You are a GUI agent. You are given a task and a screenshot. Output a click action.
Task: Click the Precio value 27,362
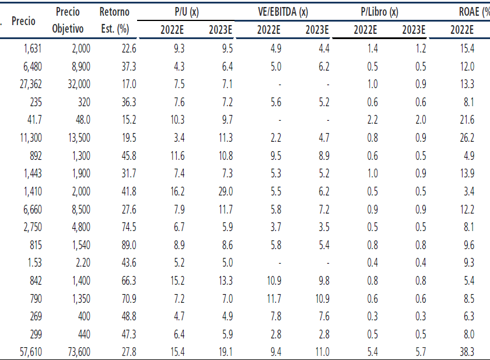pyautogui.click(x=30, y=84)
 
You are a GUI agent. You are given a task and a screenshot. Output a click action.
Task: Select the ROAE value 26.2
pyautogui.click(x=466, y=138)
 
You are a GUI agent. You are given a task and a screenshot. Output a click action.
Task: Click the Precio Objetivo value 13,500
pyautogui.click(x=77, y=138)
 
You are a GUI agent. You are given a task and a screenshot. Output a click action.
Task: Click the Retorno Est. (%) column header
pyautogui.click(x=114, y=20)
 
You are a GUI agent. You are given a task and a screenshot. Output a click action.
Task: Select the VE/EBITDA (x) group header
pyautogui.click(x=283, y=11)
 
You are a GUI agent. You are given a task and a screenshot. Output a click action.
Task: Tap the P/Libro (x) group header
pyautogui.click(x=379, y=11)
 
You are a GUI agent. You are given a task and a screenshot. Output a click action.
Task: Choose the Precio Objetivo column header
pyautogui.click(x=68, y=20)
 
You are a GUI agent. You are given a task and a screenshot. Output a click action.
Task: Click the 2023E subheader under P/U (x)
pyautogui.click(x=221, y=29)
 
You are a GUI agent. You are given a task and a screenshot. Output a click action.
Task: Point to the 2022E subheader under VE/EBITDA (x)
pyautogui.click(x=269, y=29)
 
